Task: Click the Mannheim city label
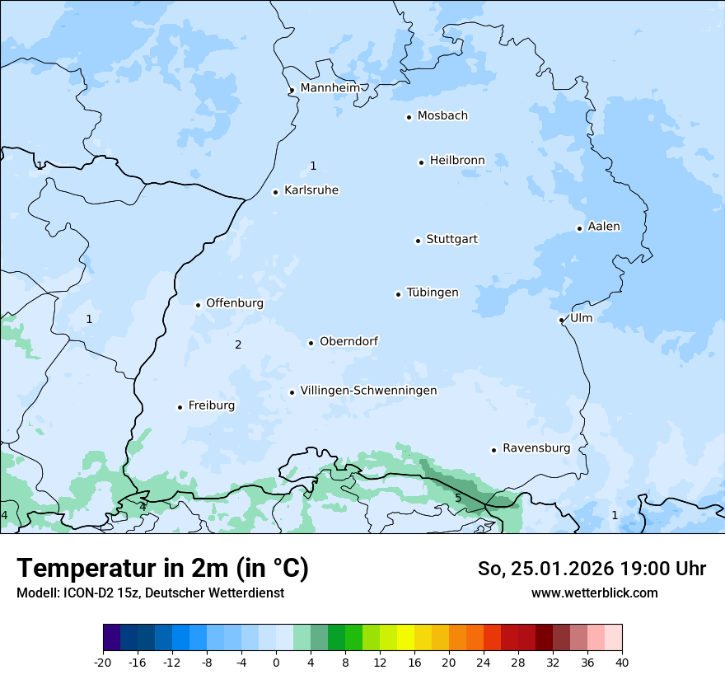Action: tap(330, 87)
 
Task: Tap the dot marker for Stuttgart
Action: tap(418, 241)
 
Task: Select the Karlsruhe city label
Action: tap(311, 190)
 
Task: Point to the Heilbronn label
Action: tap(457, 160)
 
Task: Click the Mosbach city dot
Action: tap(409, 117)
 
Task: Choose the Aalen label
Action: tap(604, 227)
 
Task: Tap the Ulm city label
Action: tap(581, 317)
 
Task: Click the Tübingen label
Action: tap(433, 293)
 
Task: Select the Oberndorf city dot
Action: tap(311, 343)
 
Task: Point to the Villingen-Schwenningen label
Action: tap(368, 391)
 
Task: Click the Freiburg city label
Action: tap(212, 405)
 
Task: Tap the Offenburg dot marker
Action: tap(198, 305)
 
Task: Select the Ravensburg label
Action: tap(536, 448)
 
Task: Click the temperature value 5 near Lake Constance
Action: tap(458, 498)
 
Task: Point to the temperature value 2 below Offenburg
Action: tap(238, 344)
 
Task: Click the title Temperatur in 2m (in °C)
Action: tap(162, 568)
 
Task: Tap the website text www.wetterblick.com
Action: tap(594, 593)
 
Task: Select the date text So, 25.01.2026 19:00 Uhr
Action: tap(592, 569)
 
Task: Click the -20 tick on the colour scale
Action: tap(103, 662)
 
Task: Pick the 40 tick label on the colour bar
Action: tap(621, 662)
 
